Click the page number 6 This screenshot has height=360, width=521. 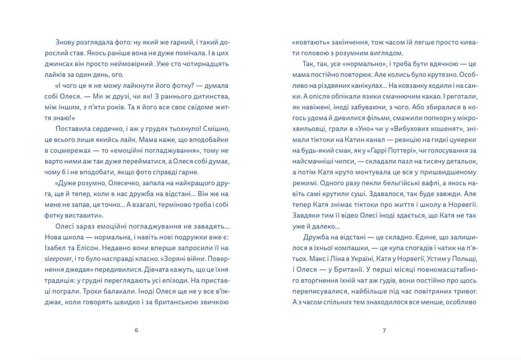click(136, 331)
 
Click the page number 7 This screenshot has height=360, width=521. click(384, 331)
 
